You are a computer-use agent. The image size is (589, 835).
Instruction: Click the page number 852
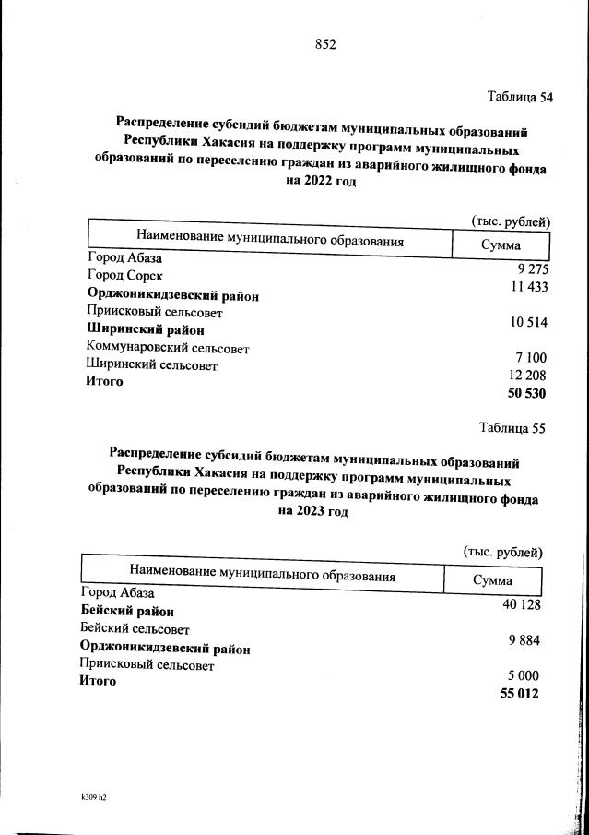(325, 44)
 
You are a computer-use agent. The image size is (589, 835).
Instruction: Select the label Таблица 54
(520, 97)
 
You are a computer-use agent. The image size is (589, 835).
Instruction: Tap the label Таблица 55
(513, 428)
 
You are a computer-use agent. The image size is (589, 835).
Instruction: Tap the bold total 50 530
(525, 394)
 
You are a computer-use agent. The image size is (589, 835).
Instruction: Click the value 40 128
(520, 604)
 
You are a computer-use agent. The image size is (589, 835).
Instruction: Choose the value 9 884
(521, 640)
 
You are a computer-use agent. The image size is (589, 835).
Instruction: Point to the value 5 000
(521, 675)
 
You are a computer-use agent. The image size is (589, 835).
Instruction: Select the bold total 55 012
(519, 694)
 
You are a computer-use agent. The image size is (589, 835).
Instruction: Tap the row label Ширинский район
(145, 329)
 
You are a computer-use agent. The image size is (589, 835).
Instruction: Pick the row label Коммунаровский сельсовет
(168, 348)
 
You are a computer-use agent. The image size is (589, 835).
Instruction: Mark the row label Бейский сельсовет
(135, 629)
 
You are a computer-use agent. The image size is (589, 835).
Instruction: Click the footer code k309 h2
(94, 794)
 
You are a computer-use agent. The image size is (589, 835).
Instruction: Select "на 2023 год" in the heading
(308, 513)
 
